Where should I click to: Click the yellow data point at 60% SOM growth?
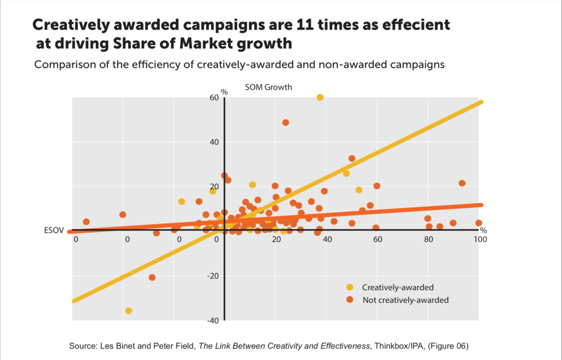pos(320,97)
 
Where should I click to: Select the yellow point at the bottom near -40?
pos(129,311)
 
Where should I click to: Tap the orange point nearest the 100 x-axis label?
pos(478,223)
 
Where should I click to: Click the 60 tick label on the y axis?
pos(214,98)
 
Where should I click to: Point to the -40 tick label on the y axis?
pos(212,320)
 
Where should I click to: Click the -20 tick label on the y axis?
pos(212,276)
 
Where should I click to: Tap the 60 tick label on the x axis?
pos(377,240)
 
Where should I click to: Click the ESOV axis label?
pos(54,230)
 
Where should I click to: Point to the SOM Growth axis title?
pos(268,87)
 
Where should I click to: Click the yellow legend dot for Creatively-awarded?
pos(349,287)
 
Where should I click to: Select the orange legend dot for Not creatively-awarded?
pos(349,300)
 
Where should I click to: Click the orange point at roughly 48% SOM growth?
pos(286,123)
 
